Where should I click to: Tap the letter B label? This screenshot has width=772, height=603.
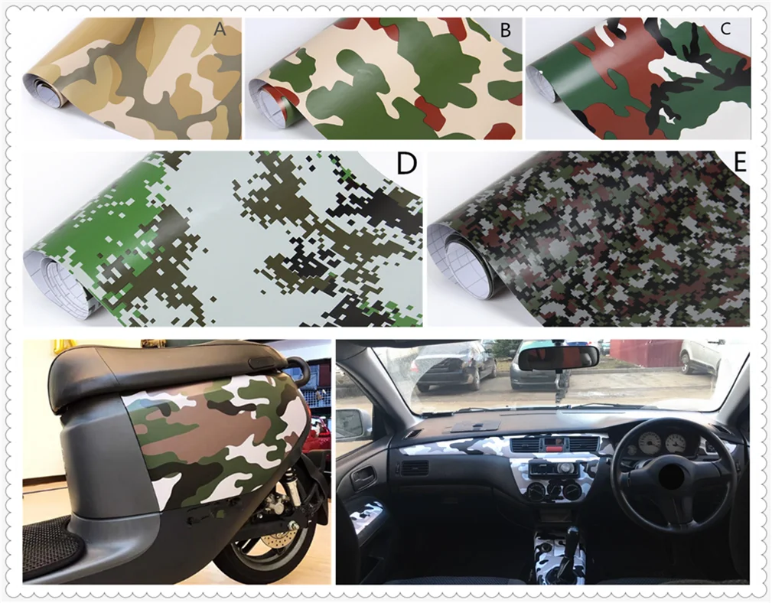[x=505, y=31]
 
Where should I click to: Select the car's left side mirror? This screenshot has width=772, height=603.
[x=353, y=422]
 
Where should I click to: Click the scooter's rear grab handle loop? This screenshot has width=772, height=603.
[x=298, y=368]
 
